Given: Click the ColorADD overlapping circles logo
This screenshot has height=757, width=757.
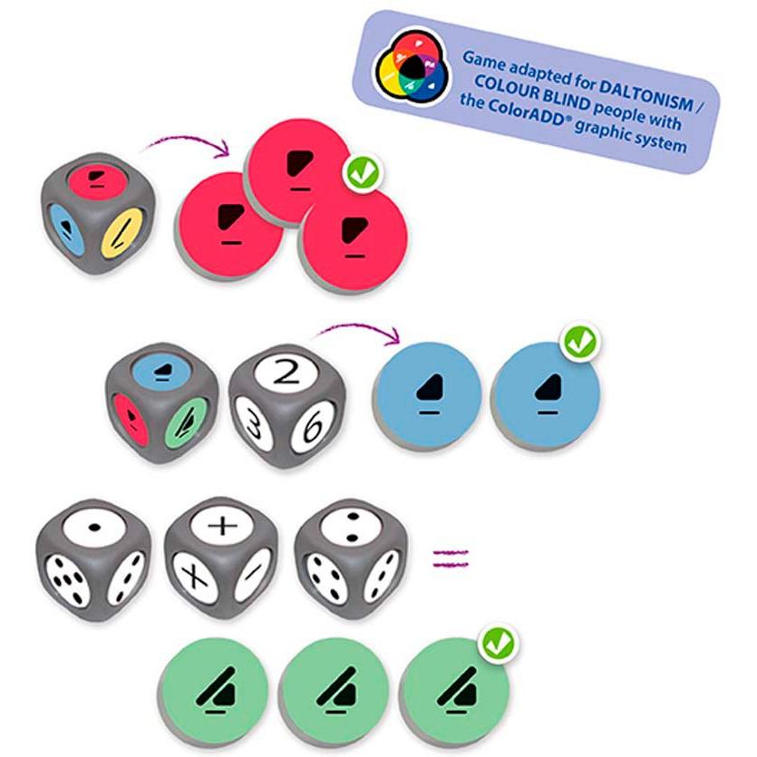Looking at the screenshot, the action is [x=412, y=67].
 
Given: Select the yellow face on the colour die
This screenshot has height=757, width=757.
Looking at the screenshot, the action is [x=122, y=234].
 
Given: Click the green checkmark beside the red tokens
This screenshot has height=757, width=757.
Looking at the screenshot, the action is [x=363, y=172].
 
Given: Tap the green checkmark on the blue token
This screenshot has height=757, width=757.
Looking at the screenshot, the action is [x=581, y=342].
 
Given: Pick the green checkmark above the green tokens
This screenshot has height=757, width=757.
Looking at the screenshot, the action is [x=499, y=644].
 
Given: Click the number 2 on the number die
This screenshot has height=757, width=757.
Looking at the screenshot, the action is [x=286, y=373].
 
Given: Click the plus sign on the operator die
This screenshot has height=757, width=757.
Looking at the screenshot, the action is [x=222, y=524].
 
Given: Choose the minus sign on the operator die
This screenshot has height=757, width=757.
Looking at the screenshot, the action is [x=253, y=573].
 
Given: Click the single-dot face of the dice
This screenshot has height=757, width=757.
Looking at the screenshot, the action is [x=94, y=528].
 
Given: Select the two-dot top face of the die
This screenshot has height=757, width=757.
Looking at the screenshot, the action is [x=352, y=526].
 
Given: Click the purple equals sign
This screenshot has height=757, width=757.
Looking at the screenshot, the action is [x=451, y=558].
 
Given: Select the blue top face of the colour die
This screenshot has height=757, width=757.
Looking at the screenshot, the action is [x=160, y=371].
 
